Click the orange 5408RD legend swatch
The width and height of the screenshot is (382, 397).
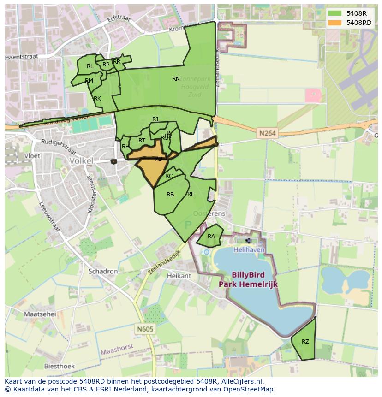[334, 23]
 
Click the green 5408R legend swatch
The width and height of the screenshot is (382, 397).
[334, 13]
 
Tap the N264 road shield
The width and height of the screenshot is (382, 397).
[267, 133]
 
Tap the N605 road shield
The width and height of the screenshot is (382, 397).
[145, 329]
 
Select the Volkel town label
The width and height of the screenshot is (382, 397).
[81, 161]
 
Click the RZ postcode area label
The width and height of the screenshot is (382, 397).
[305, 342]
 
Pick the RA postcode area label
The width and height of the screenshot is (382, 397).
[211, 237]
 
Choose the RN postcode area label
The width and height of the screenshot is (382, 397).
[176, 79]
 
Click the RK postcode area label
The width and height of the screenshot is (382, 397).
[97, 99]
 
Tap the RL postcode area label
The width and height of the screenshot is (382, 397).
[90, 66]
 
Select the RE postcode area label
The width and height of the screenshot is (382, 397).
[191, 194]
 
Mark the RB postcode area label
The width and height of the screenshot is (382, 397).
[170, 195]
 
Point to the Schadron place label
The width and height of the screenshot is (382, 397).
[103, 272]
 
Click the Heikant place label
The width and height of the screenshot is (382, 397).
[179, 276]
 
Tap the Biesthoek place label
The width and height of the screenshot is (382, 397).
[59, 366]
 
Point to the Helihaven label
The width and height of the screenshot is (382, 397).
[249, 249]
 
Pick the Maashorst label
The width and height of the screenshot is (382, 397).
[117, 346]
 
